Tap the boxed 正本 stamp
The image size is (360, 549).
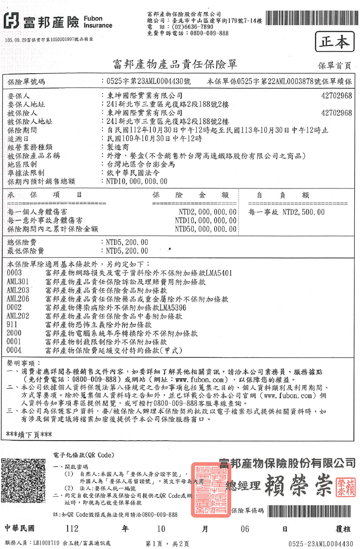click(334, 42)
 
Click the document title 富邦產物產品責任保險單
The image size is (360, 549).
click(175, 65)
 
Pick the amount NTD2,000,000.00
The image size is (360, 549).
click(208, 212)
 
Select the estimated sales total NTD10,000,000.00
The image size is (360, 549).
click(136, 182)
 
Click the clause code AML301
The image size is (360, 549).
click(18, 282)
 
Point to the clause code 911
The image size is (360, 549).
click(13, 324)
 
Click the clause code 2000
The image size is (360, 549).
click(14, 333)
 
